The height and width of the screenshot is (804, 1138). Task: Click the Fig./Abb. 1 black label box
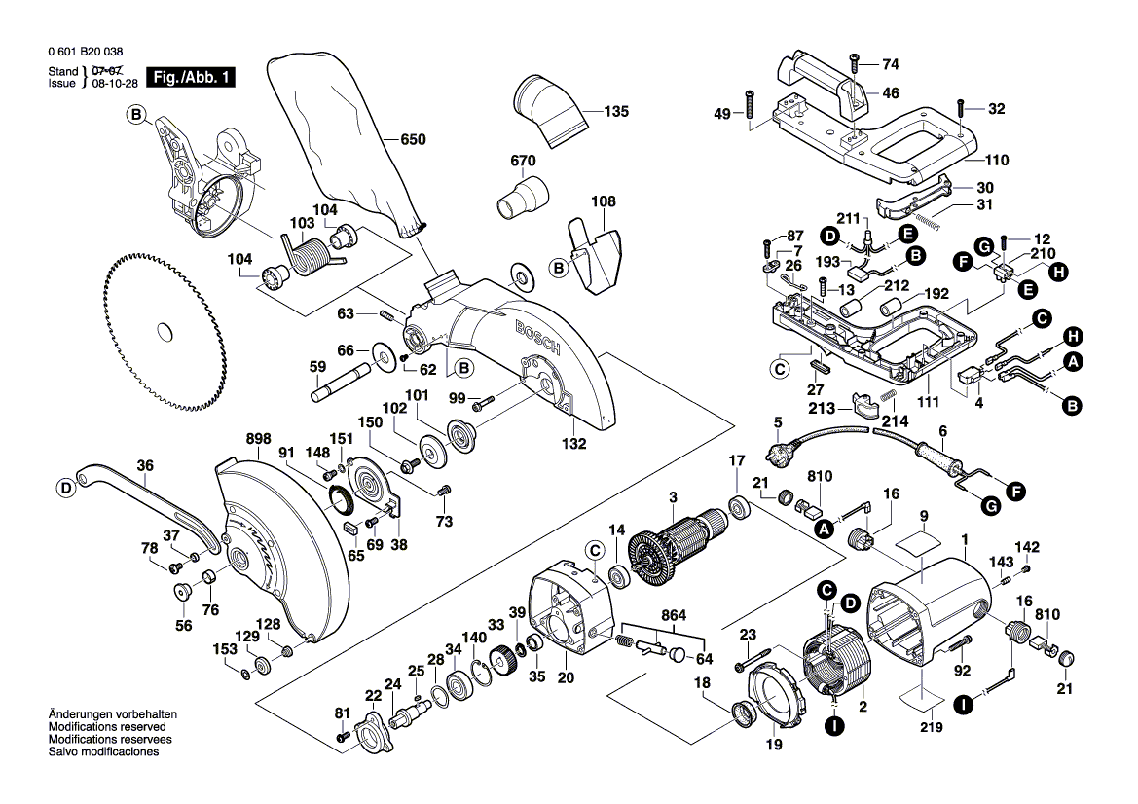click(190, 77)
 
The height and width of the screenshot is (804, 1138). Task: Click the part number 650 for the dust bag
click(414, 140)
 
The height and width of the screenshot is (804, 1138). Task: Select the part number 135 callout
click(616, 111)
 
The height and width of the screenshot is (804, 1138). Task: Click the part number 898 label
click(232, 440)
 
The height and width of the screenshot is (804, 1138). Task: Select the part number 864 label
click(672, 613)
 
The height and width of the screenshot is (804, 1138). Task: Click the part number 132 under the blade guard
click(574, 444)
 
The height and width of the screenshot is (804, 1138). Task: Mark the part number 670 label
click(523, 160)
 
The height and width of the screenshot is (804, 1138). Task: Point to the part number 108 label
click(604, 202)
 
